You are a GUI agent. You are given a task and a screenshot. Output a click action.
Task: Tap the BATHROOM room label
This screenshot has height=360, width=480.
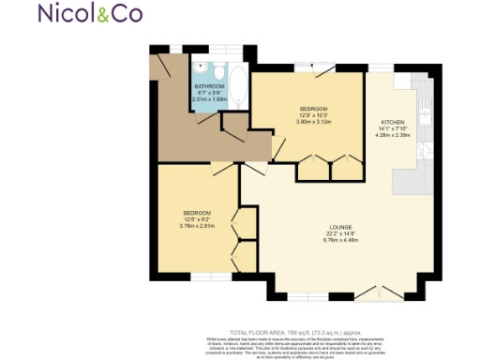(211, 86)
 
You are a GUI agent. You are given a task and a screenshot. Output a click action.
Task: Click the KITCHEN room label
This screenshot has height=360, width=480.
(392, 122)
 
